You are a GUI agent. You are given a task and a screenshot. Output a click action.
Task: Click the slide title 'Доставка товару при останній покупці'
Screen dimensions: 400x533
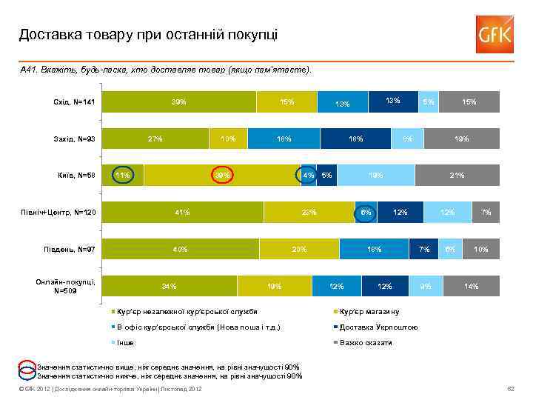coord(149,34)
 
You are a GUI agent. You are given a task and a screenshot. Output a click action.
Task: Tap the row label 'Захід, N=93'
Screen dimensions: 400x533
coord(75,138)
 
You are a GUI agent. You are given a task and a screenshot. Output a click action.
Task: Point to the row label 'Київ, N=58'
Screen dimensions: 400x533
coord(77,175)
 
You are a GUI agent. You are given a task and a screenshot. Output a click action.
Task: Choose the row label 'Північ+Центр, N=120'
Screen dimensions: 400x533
coord(60,213)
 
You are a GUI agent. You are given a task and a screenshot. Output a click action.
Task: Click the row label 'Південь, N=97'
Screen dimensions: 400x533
coord(72,249)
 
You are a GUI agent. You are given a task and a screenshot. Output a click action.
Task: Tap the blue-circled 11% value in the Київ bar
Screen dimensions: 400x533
coord(123,176)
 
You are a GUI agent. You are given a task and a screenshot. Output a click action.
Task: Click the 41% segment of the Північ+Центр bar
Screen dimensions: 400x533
coord(182,213)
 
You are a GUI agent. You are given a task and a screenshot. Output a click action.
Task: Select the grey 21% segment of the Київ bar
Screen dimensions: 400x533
coord(457,176)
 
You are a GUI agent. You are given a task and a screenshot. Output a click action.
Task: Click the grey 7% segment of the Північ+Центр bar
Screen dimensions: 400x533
coord(486,213)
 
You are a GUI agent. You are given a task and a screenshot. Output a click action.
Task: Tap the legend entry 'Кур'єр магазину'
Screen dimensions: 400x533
coord(369,311)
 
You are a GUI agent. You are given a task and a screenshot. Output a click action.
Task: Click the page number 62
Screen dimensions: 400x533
coord(509,389)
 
